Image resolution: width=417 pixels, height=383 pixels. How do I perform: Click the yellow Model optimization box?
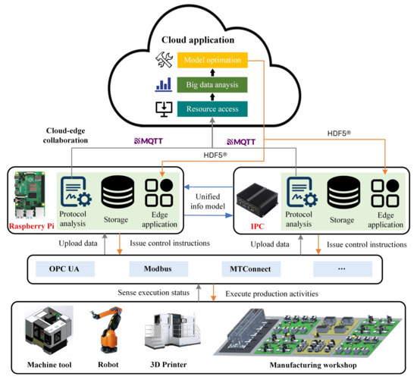click(x=213, y=59)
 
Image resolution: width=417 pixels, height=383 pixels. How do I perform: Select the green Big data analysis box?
click(x=213, y=84)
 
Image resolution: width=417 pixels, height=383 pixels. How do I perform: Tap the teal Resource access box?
click(x=213, y=109)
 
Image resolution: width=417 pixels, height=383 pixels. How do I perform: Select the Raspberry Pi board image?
click(x=33, y=194)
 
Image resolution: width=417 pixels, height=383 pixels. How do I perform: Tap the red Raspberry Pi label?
click(x=30, y=226)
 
